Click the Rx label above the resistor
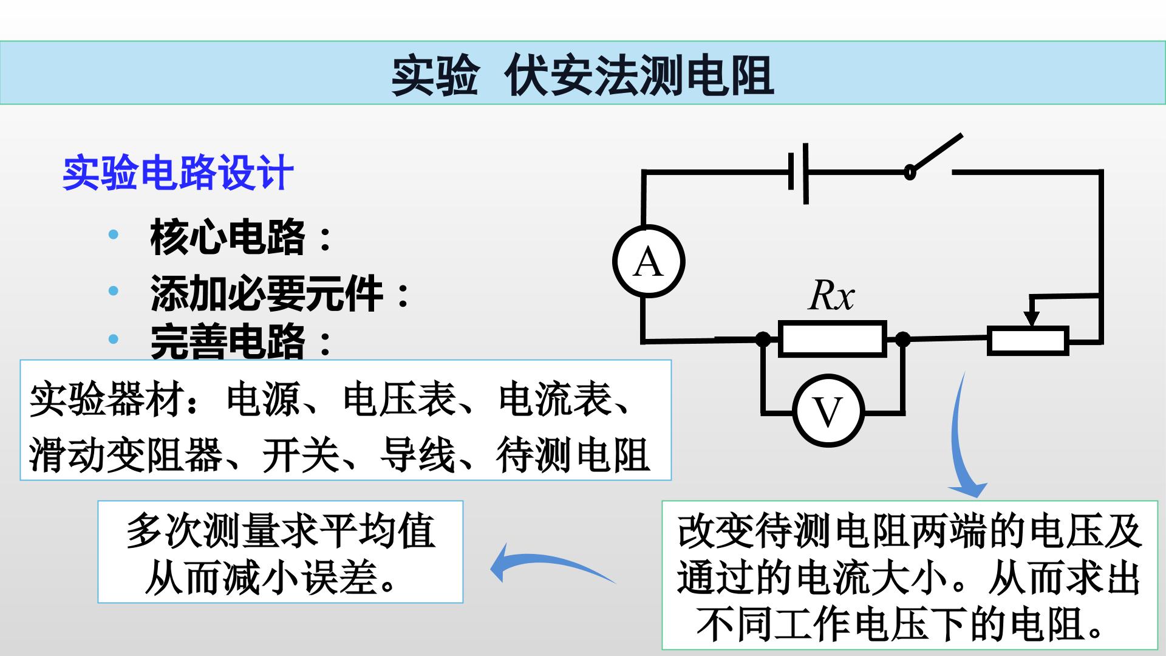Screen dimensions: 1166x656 click(831, 296)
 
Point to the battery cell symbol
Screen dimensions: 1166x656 click(798, 174)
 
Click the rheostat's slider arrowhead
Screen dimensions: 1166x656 click(1031, 319)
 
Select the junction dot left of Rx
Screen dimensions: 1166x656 click(763, 339)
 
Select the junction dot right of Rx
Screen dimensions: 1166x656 click(903, 339)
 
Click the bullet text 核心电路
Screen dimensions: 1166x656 click(228, 237)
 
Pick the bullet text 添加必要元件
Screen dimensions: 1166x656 click(267, 294)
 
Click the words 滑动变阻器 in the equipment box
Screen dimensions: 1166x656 click(126, 455)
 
